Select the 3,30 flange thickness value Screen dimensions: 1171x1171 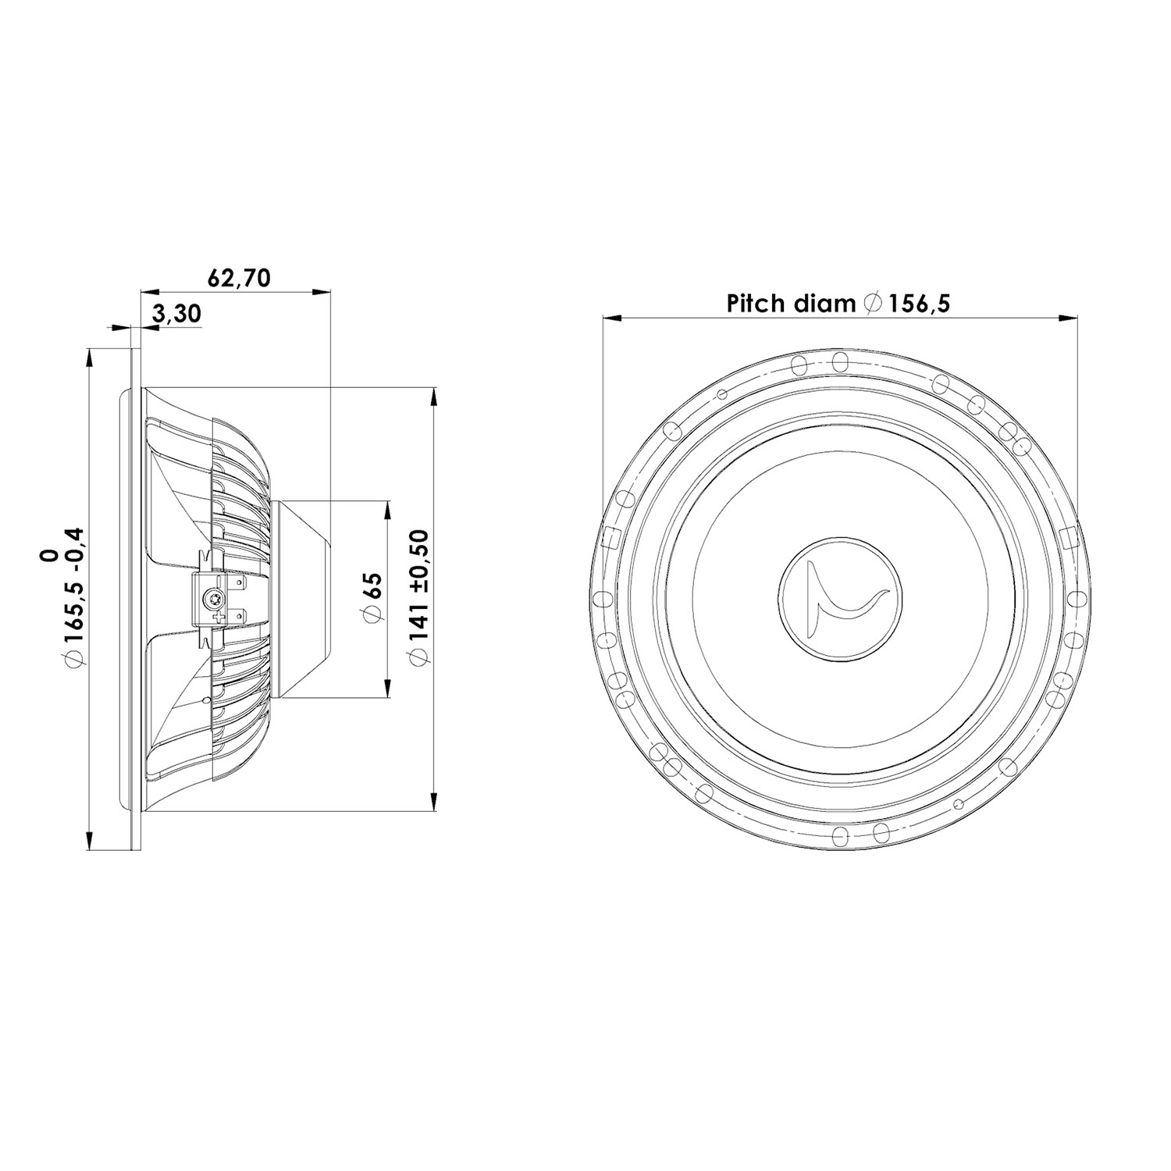tap(177, 314)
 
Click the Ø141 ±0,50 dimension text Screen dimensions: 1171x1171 tap(419, 597)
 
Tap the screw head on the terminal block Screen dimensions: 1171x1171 tap(211, 600)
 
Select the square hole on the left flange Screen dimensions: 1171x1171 tap(612, 537)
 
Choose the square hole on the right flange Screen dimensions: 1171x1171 tap(1067, 537)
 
